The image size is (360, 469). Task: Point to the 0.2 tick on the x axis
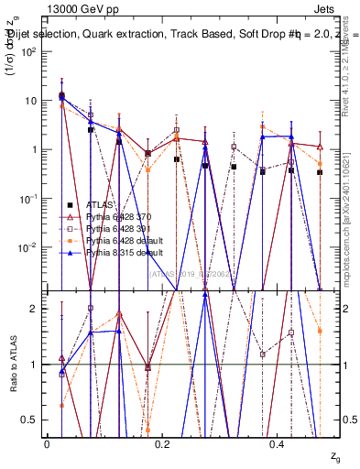coord(163,442)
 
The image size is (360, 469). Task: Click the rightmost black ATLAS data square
coord(320,172)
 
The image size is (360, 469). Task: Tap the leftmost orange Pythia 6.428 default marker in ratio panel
coord(61,404)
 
